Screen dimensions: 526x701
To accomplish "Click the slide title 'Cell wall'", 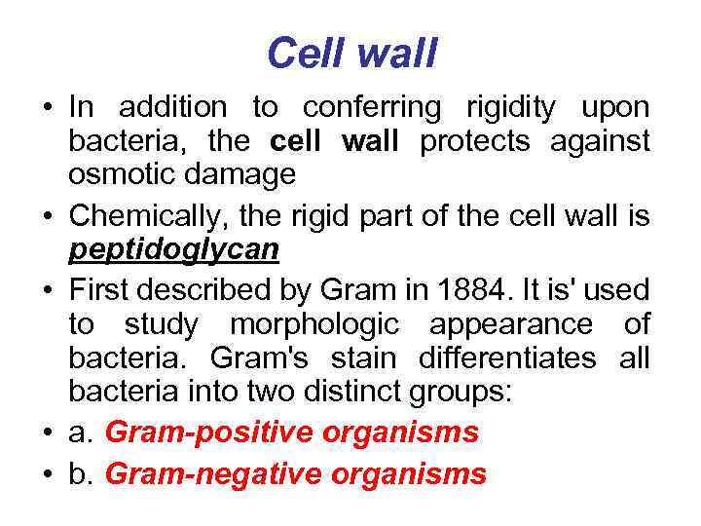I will tap(351, 54).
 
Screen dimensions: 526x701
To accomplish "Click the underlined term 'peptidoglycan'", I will tap(173, 250).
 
